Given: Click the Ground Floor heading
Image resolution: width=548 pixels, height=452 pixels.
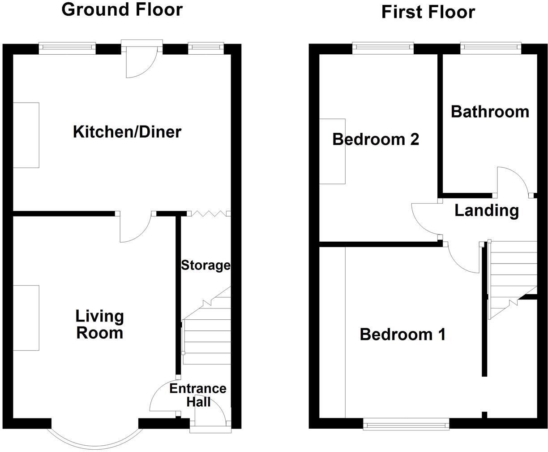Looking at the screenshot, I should pos(122,9).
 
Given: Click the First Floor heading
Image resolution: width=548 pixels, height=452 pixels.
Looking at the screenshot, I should pos(428,12).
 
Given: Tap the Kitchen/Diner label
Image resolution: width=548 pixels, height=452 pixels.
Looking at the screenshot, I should pos(127,132).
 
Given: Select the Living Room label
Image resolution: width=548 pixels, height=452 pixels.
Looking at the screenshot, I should pos(99,324).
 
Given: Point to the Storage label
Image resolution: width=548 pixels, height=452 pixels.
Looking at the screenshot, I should pos(205,265).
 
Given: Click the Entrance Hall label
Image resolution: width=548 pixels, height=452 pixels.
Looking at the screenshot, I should pos(198,395).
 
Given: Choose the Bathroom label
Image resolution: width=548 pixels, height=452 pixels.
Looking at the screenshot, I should pos(490,111).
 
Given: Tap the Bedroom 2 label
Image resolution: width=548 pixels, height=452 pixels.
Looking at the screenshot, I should pos(376,139).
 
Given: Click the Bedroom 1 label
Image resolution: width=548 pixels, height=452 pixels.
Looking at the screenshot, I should pos(402,335).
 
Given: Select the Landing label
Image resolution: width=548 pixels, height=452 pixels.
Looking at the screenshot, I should pos(486,210).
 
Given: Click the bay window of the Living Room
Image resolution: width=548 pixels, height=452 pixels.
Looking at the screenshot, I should pos(94,437).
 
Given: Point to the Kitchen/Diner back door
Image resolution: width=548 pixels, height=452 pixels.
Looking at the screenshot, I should pos(141,61).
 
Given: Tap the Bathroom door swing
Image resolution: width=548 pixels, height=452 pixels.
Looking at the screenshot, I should pos(513,182).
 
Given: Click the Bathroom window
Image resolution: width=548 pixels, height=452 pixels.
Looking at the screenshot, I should pos(491,48).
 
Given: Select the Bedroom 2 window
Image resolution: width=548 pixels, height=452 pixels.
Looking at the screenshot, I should pos(383,48).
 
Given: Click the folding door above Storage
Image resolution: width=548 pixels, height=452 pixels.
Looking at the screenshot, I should pos(209,214).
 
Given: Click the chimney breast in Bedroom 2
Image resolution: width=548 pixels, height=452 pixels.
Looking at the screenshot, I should pos(332,151).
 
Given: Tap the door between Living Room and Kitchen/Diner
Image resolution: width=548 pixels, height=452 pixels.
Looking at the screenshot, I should pos(136,226).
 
